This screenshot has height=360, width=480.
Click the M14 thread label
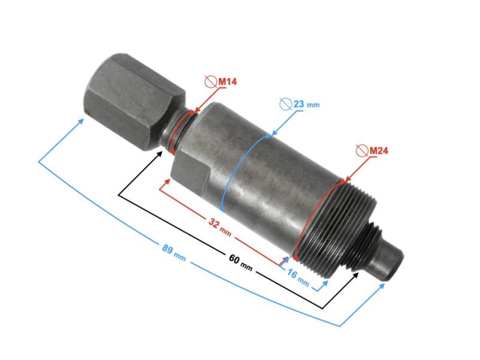click(x=226, y=81)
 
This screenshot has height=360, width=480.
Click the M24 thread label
click(x=378, y=149)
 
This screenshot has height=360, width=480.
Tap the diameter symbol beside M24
click(x=361, y=150)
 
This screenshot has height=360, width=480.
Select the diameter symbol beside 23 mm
click(x=285, y=104)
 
